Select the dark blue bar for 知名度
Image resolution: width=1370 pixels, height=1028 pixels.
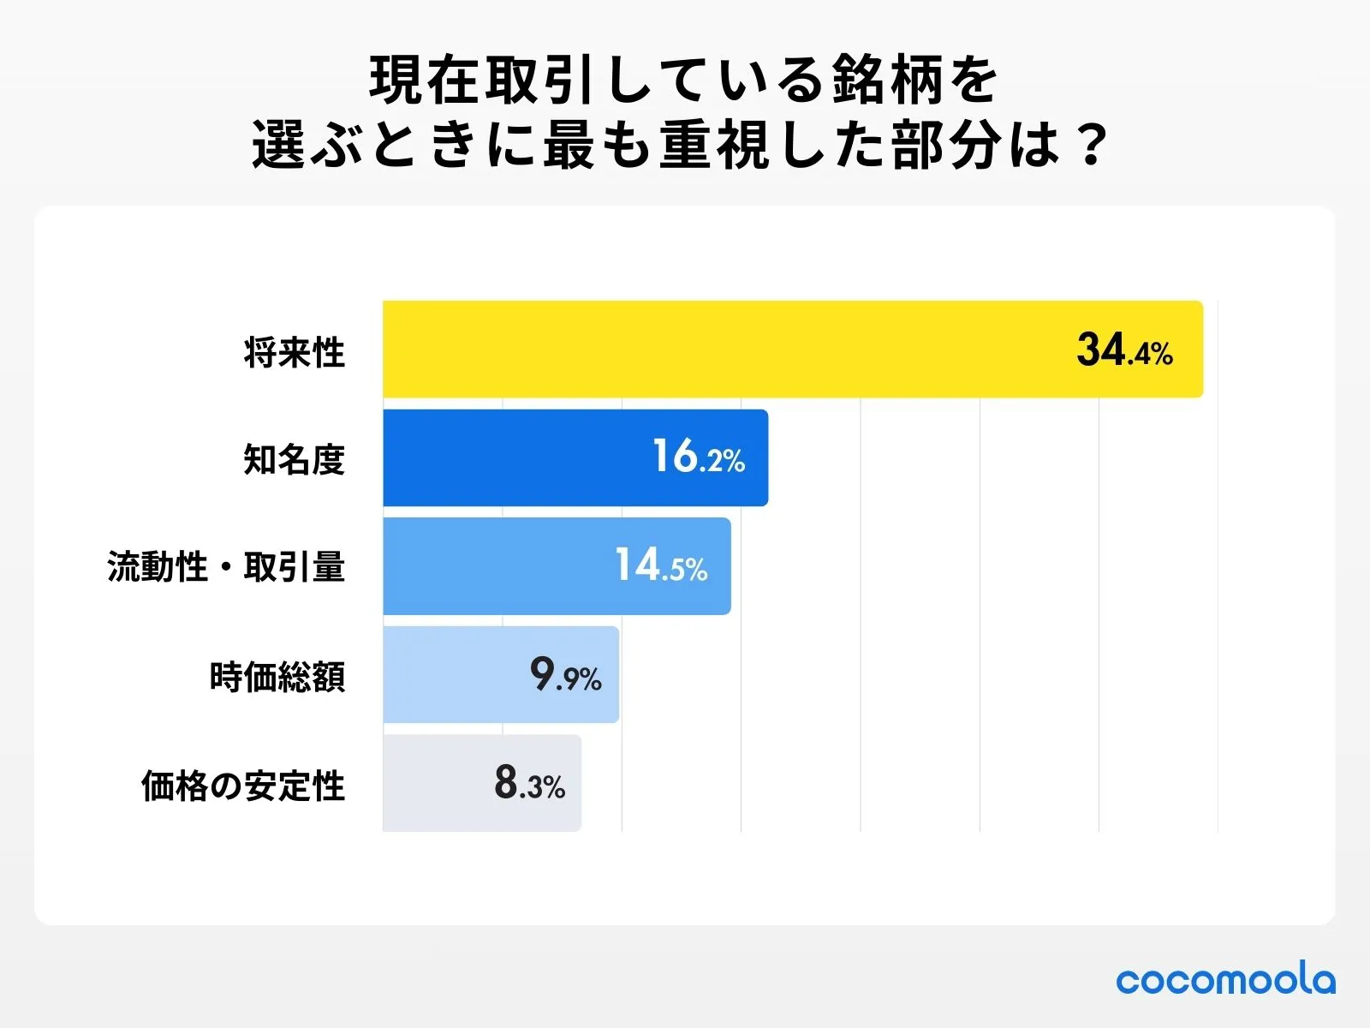click(514, 457)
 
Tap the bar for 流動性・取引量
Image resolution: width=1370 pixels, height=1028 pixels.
click(497, 566)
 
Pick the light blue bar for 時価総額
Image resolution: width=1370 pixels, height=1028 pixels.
click(454, 675)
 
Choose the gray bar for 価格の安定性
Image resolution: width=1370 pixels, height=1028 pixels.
click(437, 783)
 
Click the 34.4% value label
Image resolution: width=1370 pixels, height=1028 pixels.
click(1124, 351)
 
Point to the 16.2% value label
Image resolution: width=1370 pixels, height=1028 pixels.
click(699, 457)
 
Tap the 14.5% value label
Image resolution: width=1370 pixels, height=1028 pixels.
click(661, 566)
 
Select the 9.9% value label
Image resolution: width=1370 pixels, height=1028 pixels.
click(565, 675)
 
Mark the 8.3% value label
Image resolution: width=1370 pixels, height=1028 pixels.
click(529, 783)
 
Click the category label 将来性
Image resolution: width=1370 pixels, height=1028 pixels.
click(294, 352)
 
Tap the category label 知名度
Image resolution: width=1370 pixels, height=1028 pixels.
click(294, 460)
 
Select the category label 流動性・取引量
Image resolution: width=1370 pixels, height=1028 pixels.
click(226, 567)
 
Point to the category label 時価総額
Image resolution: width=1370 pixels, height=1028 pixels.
click(277, 677)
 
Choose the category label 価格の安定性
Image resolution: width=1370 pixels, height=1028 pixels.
click(243, 786)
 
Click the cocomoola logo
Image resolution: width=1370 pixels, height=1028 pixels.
click(1225, 980)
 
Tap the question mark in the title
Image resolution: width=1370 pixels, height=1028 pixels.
click(1090, 146)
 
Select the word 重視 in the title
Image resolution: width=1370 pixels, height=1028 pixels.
click(716, 146)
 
